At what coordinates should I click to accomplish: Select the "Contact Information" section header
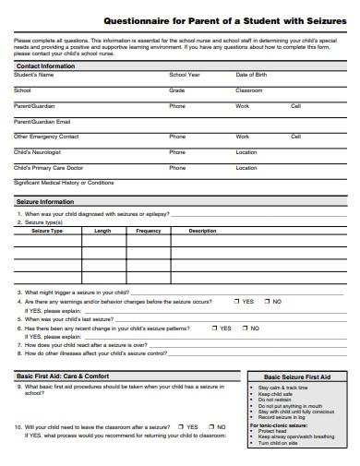tap(45, 66)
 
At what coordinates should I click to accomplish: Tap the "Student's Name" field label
tap(34, 75)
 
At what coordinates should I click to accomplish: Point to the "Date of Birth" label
tap(252, 75)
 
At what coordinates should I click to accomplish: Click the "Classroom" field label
tap(249, 90)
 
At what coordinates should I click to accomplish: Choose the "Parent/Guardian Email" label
tap(42, 121)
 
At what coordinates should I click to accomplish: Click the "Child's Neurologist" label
tap(37, 152)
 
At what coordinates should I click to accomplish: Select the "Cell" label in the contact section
tap(295, 106)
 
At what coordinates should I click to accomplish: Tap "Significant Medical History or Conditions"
tap(64, 183)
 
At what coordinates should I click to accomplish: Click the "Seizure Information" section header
tap(45, 201)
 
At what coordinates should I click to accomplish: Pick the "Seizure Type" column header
tap(47, 231)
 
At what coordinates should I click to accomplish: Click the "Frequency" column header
tap(149, 231)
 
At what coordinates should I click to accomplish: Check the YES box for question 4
tap(237, 301)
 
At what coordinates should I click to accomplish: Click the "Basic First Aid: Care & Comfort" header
tap(63, 376)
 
